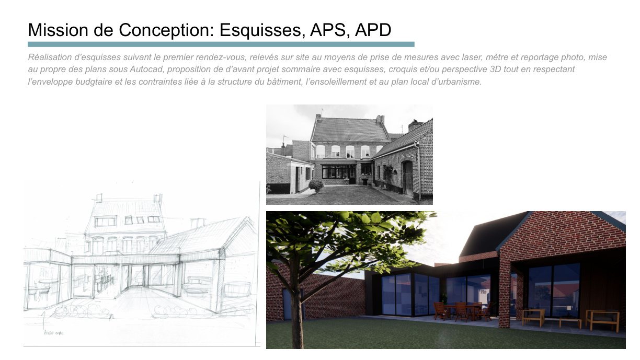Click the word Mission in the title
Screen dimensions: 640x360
tap(58, 30)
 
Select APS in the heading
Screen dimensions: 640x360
tap(328, 30)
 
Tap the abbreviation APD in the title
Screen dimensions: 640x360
tap(373, 30)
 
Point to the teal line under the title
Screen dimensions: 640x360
tap(221, 44)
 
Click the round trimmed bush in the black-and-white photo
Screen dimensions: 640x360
tap(316, 185)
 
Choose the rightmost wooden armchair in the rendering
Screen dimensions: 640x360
tap(602, 320)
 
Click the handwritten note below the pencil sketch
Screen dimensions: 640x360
tap(54, 333)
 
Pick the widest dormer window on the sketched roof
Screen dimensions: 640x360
tap(106, 221)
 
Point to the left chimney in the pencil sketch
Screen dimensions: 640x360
tap(99, 198)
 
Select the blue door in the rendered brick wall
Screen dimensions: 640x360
tap(287, 304)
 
